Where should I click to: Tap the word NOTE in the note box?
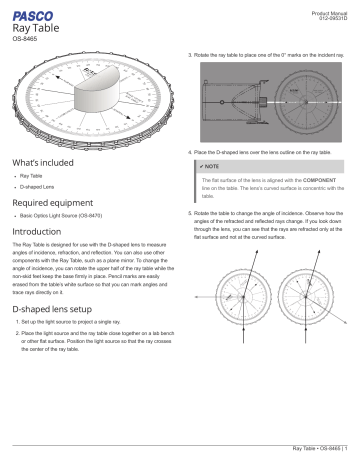pyautogui.click(x=213, y=164)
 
